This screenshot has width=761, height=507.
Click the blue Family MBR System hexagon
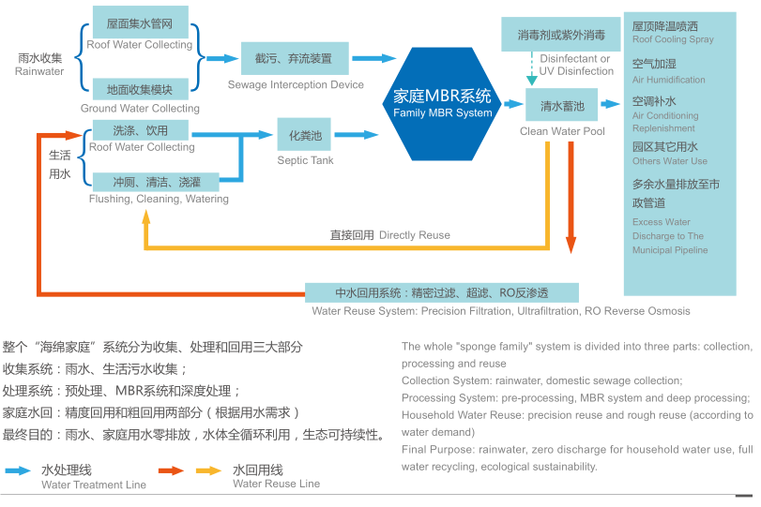(x=442, y=104)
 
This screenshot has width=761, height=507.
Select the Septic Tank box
(x=304, y=134)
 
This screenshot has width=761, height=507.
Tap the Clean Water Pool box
(x=561, y=105)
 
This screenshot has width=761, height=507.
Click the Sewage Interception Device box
(x=295, y=59)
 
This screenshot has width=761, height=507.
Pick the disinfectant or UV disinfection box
(x=561, y=34)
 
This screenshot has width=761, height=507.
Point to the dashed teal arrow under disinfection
(x=532, y=68)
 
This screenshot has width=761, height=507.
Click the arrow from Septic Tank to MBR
(x=357, y=135)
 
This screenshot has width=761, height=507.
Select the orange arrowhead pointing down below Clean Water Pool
(x=571, y=245)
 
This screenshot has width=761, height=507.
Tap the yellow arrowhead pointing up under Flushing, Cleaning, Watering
(x=146, y=216)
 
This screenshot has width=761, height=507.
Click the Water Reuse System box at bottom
(x=442, y=292)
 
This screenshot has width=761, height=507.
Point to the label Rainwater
(x=39, y=71)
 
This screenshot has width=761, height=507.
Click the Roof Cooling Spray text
(x=673, y=39)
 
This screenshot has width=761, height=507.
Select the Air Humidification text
(x=668, y=80)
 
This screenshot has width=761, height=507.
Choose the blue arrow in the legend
(x=18, y=470)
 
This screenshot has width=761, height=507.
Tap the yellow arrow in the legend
(x=209, y=470)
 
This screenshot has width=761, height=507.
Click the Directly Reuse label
(x=414, y=235)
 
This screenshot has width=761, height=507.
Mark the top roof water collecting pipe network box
(x=140, y=22)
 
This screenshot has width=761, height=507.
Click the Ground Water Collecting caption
(x=140, y=108)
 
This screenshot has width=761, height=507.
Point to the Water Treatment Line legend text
(x=94, y=485)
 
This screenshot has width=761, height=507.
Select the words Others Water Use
(x=669, y=161)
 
